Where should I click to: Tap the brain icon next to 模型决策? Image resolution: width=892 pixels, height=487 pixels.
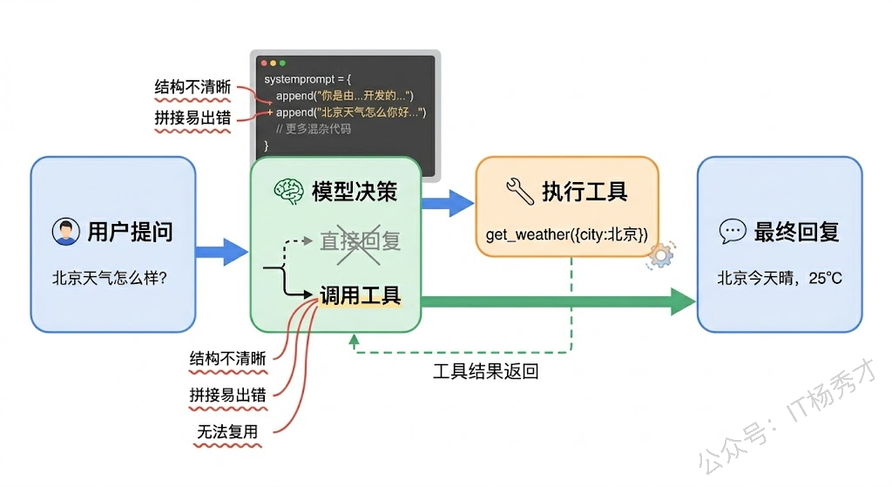pos(288,191)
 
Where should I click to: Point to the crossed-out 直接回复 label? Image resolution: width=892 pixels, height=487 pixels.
pos(360,240)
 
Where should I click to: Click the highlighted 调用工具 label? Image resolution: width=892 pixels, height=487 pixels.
pos(360,295)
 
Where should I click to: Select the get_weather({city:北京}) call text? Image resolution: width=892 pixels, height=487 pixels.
pos(567,233)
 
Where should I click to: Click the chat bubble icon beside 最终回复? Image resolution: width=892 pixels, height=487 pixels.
pos(733,232)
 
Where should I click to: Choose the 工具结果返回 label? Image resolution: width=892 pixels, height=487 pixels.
pos(486,372)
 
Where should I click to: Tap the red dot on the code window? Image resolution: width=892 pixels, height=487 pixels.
pos(261,63)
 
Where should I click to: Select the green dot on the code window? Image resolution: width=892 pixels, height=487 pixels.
pos(281,63)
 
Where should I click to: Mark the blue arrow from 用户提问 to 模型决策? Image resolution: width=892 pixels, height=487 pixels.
pos(221,253)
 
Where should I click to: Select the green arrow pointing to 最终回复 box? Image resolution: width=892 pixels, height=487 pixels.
pos(557,302)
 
